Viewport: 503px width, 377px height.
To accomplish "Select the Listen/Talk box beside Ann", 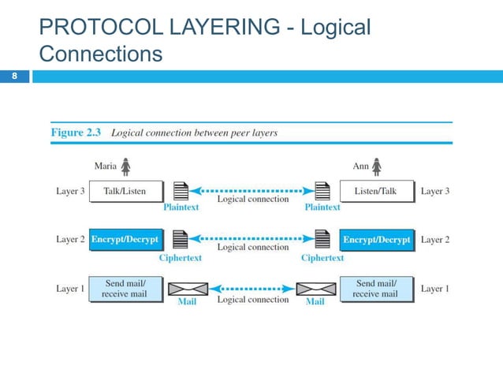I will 375,191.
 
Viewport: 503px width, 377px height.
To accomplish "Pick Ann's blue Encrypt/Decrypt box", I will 376,239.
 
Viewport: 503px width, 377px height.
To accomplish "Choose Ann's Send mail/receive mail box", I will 376,289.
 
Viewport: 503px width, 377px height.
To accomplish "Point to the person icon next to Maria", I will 125,166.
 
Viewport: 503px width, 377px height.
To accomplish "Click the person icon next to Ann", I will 377,166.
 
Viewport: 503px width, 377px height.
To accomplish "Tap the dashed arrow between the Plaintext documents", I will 251,190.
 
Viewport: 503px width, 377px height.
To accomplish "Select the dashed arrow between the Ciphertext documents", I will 251,237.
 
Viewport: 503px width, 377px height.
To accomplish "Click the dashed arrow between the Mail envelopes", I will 251,289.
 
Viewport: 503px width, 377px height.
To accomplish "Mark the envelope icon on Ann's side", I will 314,289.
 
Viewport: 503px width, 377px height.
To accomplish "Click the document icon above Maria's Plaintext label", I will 181,191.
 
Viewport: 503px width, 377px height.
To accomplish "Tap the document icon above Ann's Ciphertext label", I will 322,238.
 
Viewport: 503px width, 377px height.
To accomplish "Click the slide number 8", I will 14,77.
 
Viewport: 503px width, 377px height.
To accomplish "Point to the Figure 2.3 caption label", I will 77,133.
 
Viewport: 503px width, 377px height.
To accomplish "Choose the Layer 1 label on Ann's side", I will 434,289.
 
